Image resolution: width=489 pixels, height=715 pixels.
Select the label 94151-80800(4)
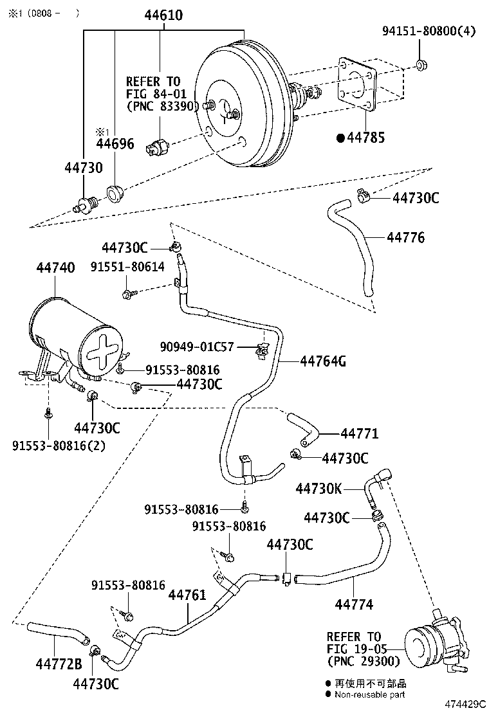click(x=429, y=30)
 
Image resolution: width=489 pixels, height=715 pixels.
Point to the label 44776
click(x=405, y=238)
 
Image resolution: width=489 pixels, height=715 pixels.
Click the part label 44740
click(x=55, y=267)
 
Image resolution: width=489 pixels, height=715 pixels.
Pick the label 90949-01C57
click(x=198, y=347)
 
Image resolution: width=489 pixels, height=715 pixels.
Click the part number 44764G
click(x=323, y=361)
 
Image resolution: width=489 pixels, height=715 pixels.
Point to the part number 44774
click(x=354, y=604)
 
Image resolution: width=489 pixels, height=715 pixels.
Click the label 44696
click(x=115, y=143)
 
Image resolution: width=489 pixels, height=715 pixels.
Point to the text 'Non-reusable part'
click(x=370, y=694)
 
